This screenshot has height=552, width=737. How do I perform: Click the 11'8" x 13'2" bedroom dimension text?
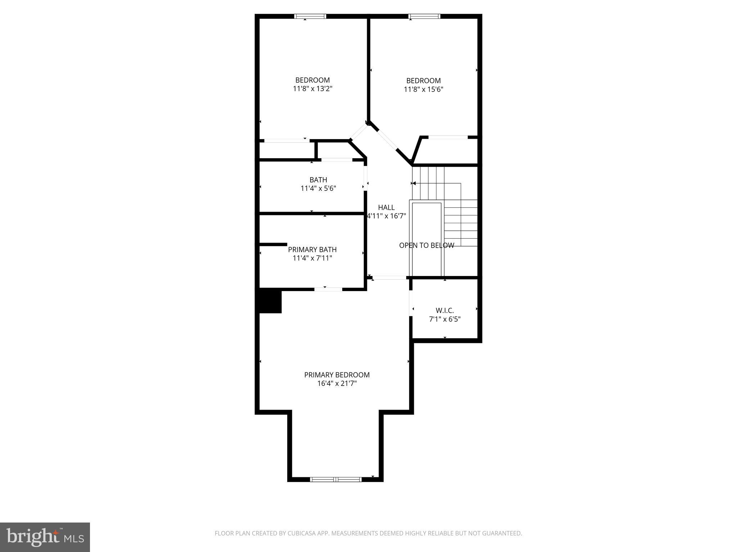point(312,89)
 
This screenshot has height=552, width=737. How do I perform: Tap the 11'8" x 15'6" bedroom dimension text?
point(423,89)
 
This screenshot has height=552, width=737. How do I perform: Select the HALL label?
point(386,207)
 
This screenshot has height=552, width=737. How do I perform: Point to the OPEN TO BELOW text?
point(426,245)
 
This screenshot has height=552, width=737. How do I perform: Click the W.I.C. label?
point(445,310)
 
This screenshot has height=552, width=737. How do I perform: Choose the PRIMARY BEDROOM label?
point(337,375)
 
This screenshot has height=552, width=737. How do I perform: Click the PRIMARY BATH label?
point(312,249)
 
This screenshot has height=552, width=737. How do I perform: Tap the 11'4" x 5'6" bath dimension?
point(318,188)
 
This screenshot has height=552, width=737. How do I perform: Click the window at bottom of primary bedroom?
point(336,479)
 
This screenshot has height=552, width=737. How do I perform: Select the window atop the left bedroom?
point(310,16)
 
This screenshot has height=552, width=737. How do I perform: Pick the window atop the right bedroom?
point(424,16)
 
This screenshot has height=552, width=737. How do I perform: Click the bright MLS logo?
point(45,537)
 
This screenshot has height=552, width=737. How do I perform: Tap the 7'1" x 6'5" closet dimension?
point(445,319)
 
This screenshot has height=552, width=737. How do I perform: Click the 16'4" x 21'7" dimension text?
point(337,383)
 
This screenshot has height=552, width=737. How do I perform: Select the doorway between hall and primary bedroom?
point(389,277)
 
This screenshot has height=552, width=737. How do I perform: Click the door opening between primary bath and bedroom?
point(328,289)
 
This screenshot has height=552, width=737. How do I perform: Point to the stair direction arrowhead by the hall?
point(414,183)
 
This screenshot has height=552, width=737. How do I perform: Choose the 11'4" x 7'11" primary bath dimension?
point(312,258)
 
